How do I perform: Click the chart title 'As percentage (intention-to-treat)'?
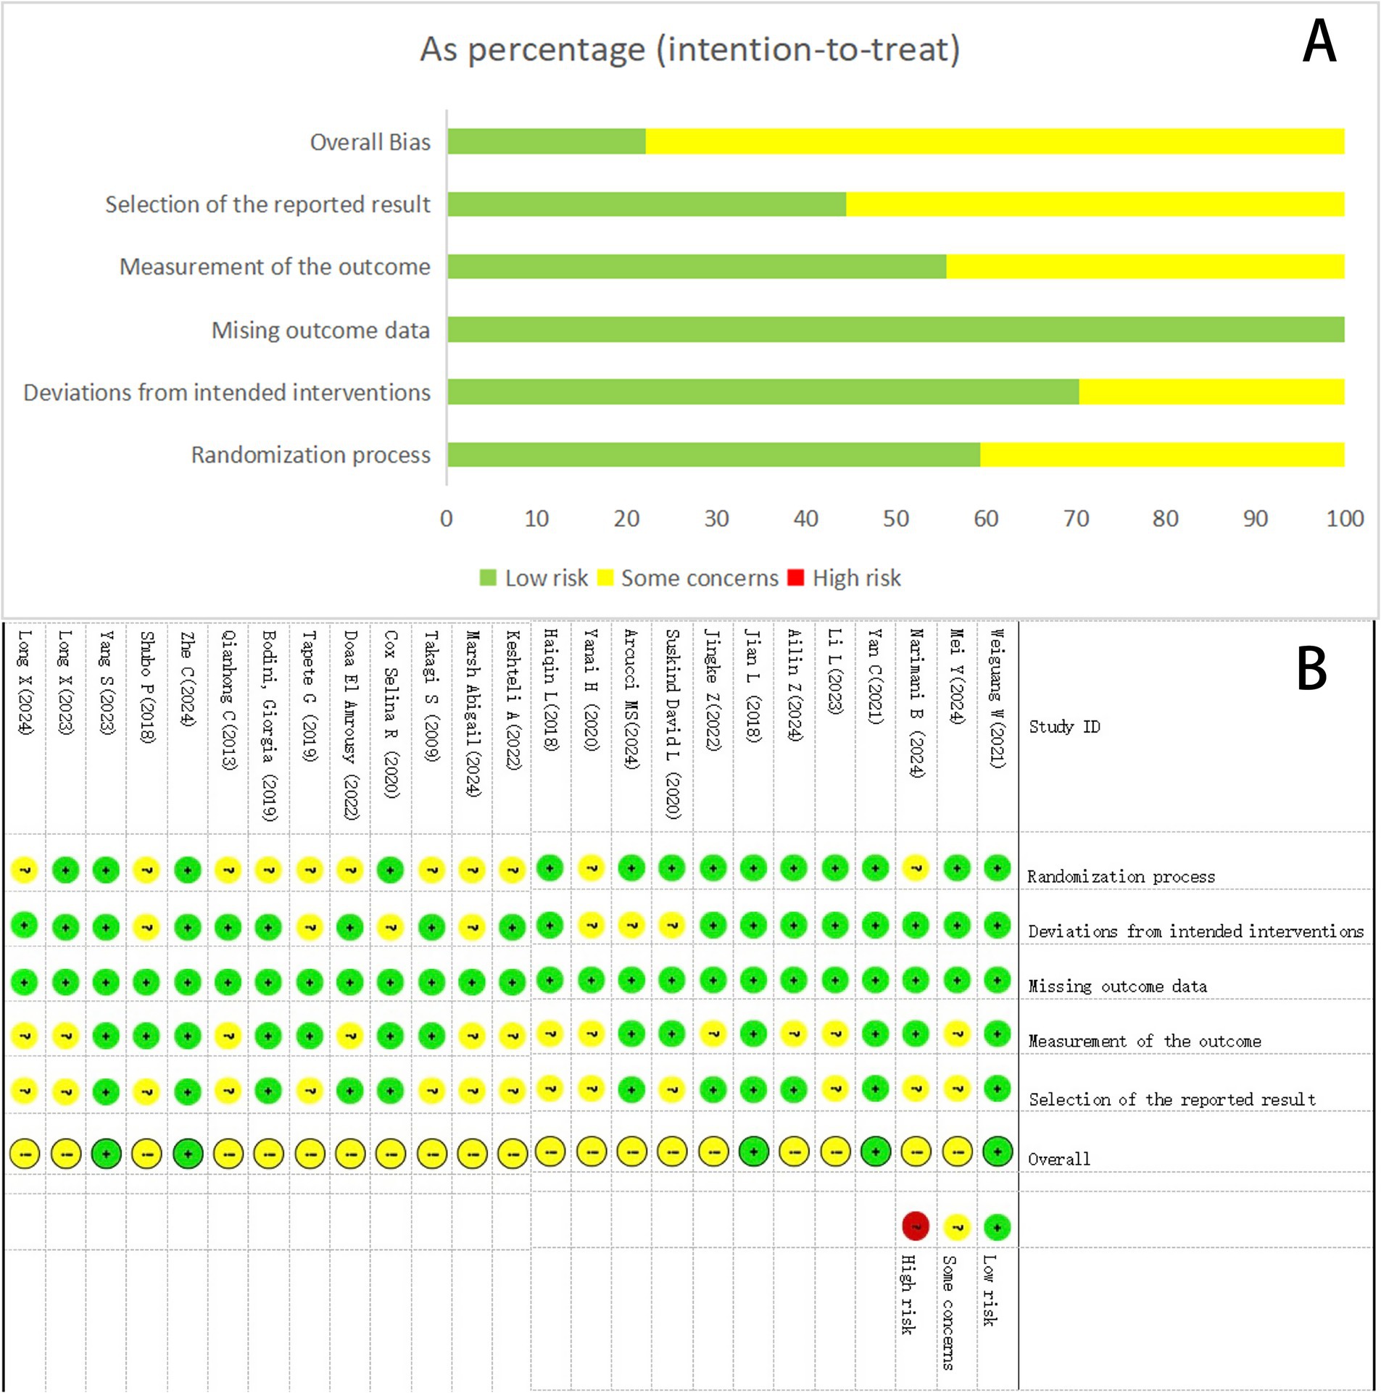(x=690, y=49)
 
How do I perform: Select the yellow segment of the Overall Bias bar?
(x=995, y=141)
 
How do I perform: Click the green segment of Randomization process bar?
(x=713, y=454)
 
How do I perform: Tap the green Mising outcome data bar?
(x=895, y=330)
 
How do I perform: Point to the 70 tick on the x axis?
(x=1076, y=518)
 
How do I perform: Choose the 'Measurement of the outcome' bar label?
(x=275, y=267)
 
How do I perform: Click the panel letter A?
(x=1319, y=42)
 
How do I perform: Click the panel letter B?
(x=1311, y=669)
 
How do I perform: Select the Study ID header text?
(x=1064, y=726)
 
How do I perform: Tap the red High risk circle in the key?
(x=916, y=1226)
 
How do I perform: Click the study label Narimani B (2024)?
(x=916, y=703)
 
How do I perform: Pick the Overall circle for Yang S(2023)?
(x=106, y=1153)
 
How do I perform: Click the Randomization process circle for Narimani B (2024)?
(x=916, y=868)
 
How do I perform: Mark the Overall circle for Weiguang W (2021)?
(x=998, y=1151)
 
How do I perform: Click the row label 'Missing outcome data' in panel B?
(x=1117, y=986)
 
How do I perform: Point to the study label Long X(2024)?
(x=25, y=681)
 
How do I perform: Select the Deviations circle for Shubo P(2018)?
(x=146, y=926)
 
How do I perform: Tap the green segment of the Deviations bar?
(x=763, y=392)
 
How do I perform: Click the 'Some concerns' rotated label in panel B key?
(x=948, y=1313)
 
